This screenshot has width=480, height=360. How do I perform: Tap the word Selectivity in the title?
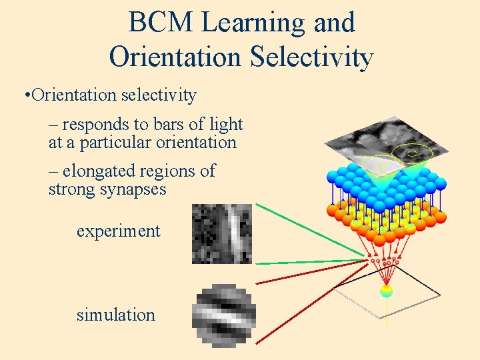311,57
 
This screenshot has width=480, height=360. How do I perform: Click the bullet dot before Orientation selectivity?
25,95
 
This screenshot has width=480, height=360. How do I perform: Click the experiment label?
118,231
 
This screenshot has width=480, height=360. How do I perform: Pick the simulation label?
115,315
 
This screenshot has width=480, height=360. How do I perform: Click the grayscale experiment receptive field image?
221,233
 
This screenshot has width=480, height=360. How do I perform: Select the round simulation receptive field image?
223,316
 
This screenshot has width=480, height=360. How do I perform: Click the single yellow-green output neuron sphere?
386,291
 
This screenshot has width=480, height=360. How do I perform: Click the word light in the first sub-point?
226,124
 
